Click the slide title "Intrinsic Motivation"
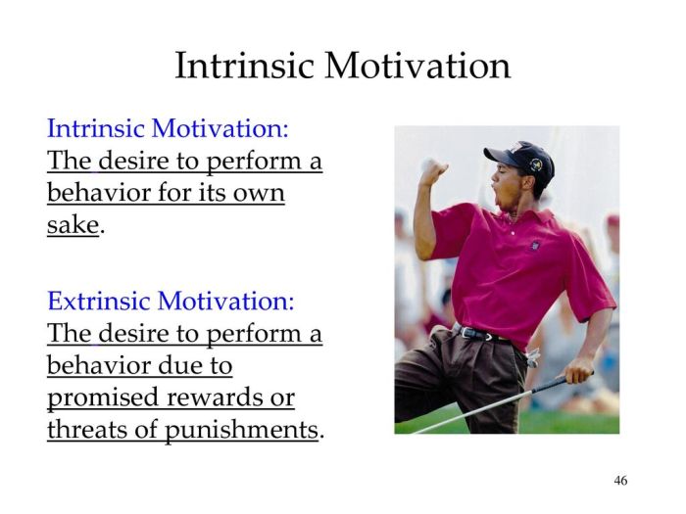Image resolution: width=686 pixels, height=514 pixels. [342, 66]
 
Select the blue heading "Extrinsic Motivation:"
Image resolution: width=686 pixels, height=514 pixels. [171, 300]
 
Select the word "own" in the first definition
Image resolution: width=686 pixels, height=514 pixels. [260, 193]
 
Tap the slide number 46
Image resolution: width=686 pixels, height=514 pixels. [620, 480]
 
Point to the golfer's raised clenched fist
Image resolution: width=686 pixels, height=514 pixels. [432, 171]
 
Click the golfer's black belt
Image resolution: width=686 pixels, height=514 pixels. [480, 333]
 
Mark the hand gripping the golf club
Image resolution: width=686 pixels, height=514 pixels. [578, 369]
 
